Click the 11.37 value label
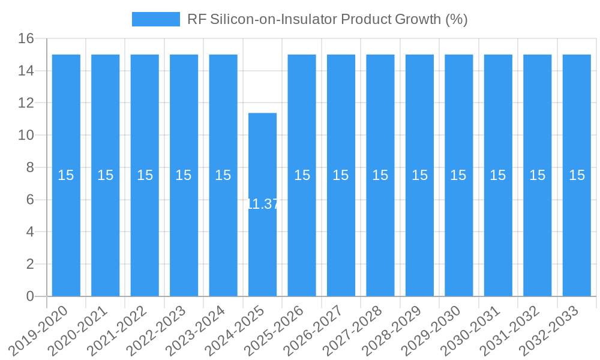[x=263, y=204]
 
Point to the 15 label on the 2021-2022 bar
[x=145, y=175]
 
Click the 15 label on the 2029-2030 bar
[x=458, y=175]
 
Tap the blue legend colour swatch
[x=155, y=19]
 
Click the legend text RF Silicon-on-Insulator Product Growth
[x=327, y=19]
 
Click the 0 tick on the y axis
[x=30, y=296]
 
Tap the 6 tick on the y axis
[x=30, y=200]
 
